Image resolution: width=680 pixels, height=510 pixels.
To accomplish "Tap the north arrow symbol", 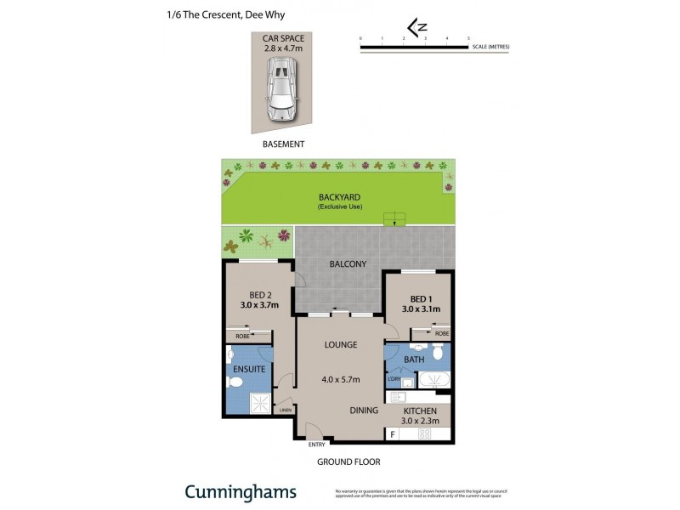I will [416, 29].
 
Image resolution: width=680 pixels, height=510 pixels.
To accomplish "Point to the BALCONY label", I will [348, 264].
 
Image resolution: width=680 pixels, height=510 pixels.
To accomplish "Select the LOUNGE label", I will [339, 344].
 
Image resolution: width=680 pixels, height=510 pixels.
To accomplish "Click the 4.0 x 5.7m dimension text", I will [339, 379].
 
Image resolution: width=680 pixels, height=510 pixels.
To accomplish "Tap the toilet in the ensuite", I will [235, 383].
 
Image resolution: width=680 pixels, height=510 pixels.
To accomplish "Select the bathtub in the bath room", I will [434, 379].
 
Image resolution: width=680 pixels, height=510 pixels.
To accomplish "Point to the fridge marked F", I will [392, 434].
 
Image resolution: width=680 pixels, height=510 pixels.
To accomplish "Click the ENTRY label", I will [316, 444].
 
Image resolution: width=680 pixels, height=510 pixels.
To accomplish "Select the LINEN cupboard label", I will [285, 411].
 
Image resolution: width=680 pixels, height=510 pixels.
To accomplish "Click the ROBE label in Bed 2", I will [242, 336].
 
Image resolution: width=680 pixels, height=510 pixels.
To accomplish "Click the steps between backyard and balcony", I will [394, 219].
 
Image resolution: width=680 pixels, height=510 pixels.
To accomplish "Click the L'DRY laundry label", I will [394, 379].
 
